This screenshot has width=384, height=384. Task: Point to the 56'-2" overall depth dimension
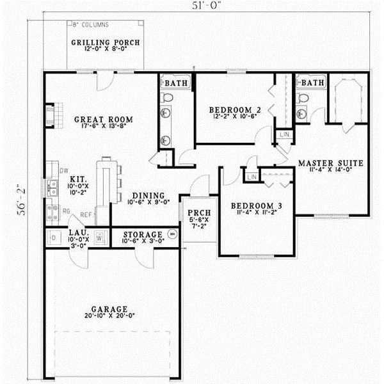coord(20,198)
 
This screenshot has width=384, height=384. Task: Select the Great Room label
coord(103,120)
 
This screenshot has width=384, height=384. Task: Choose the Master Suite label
coord(331,164)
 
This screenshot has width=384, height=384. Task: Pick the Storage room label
coord(143,234)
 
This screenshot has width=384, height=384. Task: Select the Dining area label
coord(148,196)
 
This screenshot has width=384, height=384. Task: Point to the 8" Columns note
coord(90,25)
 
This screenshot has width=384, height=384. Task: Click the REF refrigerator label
coord(86,216)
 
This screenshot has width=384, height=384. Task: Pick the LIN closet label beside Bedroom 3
coord(252,176)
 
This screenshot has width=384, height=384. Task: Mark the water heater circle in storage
coord(172,235)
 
